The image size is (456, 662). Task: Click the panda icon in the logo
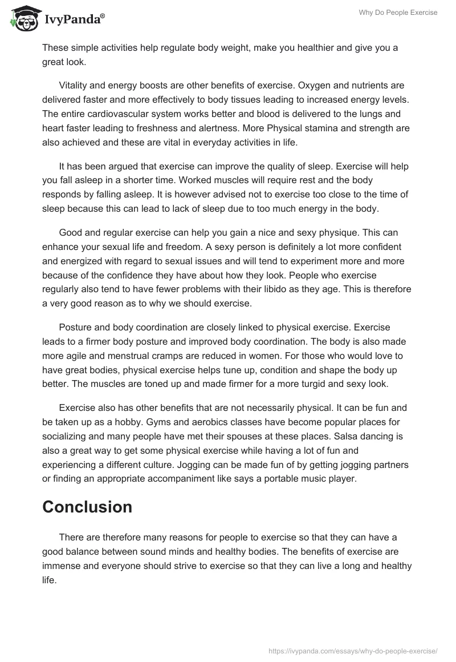tap(23, 19)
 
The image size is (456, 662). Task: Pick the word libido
tap(292, 290)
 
